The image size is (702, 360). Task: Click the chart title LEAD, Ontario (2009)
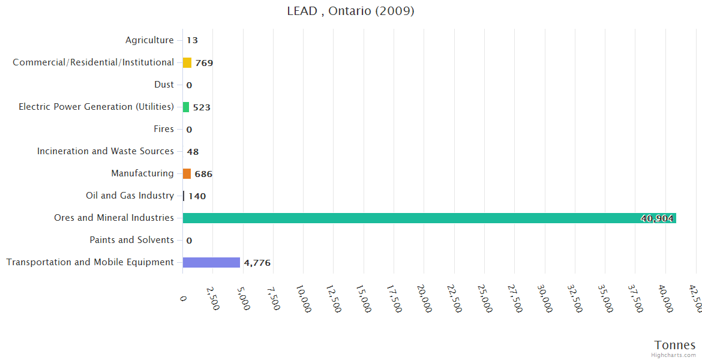click(x=350, y=11)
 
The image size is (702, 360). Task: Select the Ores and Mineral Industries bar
click(x=429, y=218)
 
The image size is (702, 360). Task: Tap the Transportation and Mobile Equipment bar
click(x=211, y=263)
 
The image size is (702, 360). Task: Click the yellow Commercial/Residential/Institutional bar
click(x=187, y=62)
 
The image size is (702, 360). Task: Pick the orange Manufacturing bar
click(x=187, y=174)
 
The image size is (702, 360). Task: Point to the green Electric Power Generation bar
click(x=186, y=107)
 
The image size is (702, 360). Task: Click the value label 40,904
click(x=657, y=219)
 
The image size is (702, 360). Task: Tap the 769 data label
click(x=204, y=63)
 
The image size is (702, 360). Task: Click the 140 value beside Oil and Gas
click(x=197, y=196)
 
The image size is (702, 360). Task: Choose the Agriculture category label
click(x=149, y=40)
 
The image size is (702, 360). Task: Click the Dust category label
click(x=164, y=85)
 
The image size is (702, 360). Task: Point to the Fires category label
click(x=164, y=129)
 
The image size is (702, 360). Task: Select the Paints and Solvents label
click(x=131, y=240)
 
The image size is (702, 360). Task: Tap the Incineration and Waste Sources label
click(x=106, y=151)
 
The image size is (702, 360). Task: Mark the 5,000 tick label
click(x=243, y=296)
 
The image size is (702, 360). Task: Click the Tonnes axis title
click(x=675, y=345)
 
